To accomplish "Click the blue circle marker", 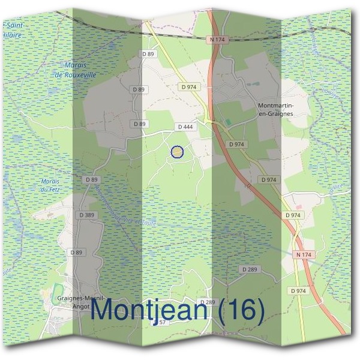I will (177, 152).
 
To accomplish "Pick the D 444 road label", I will (184, 127).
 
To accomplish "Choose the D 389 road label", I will (86, 215).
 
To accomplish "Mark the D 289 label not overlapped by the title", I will (250, 269).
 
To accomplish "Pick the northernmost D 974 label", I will (188, 86).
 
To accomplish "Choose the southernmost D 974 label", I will (298, 291).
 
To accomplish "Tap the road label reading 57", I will (162, 323).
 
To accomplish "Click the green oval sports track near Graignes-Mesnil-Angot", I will (56, 292).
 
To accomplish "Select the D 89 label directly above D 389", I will (91, 179).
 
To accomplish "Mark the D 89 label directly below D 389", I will (76, 253).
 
